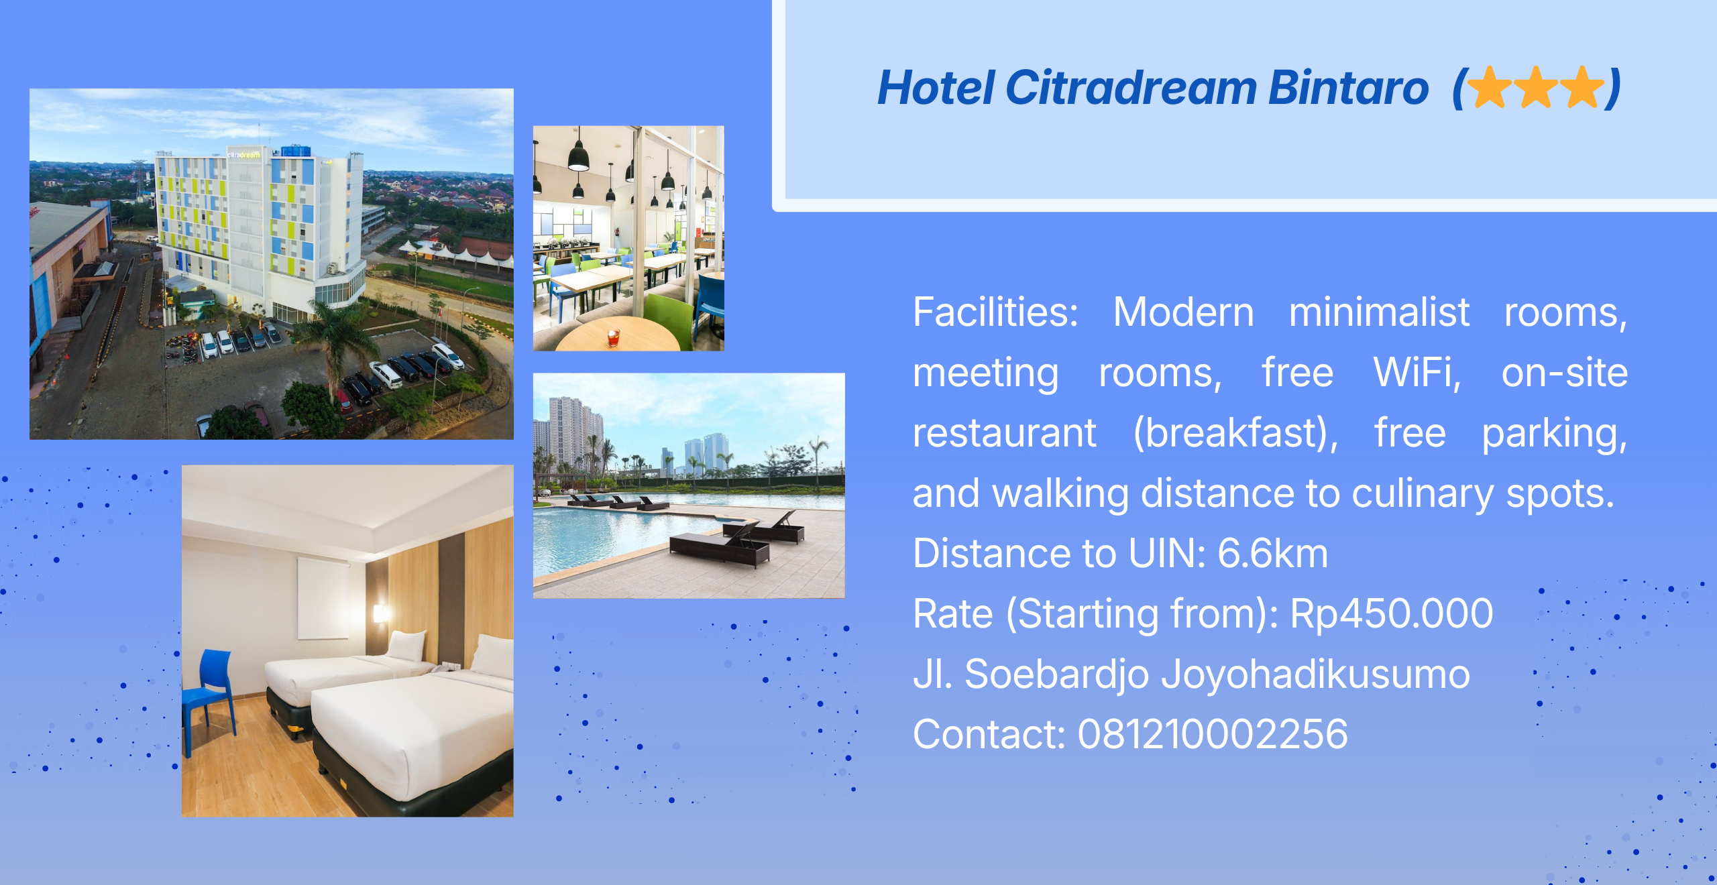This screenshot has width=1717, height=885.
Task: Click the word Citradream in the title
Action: [1131, 88]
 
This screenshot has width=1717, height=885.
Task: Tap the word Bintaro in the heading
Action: [1349, 88]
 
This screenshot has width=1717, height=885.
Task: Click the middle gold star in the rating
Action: [1536, 87]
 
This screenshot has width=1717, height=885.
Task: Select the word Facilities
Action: [995, 312]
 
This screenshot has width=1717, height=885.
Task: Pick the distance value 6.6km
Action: [1272, 553]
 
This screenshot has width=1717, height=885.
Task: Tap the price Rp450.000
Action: [1391, 613]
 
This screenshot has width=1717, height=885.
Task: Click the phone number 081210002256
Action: [1213, 734]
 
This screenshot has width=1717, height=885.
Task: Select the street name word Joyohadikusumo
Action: [1315, 674]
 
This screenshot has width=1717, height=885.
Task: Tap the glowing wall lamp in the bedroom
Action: [380, 613]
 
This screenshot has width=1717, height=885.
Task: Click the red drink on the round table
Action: [612, 337]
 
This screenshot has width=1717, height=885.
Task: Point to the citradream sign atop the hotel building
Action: [243, 154]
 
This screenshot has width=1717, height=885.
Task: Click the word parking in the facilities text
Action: [1555, 434]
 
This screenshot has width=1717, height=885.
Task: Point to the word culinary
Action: [1423, 494]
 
